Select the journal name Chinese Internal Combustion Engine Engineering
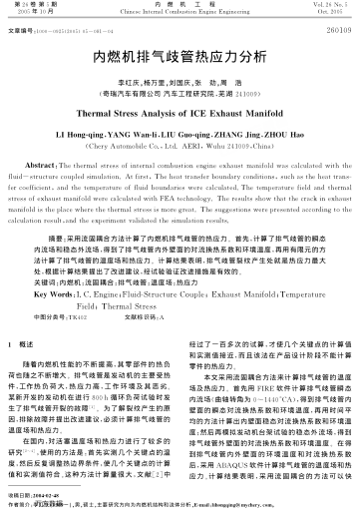(x=180, y=13)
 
